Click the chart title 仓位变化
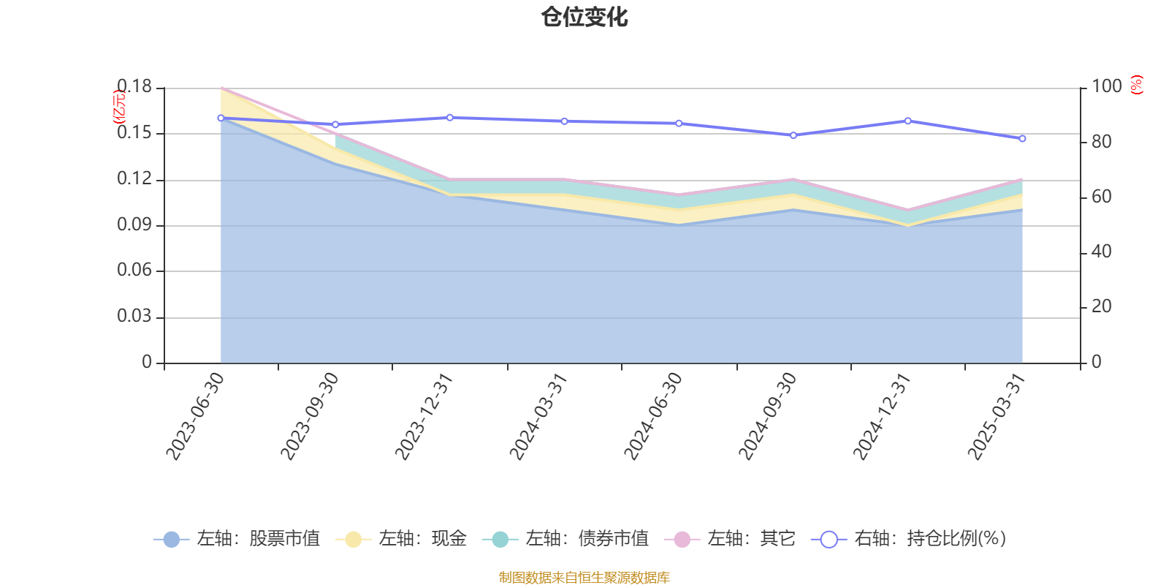pos(584,17)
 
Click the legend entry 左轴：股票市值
pos(237,539)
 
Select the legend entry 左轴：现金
pos(401,539)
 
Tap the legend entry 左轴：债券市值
pos(566,539)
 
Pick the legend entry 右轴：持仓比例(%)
pos(909,539)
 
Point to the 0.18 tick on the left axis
pos(134,87)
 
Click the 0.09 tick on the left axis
pos(134,225)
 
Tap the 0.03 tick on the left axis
pos(134,317)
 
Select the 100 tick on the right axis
pos(1106,86)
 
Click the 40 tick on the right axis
pos(1101,252)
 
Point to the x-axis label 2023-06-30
pos(194,415)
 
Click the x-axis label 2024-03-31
pos(538,415)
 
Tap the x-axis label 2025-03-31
pos(996,415)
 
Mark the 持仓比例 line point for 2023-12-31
pos(450,118)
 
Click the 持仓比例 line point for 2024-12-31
pos(908,121)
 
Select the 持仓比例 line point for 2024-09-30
pos(793,135)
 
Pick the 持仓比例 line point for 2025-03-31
pos(1023,138)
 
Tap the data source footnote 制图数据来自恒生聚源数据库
pos(584,578)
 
